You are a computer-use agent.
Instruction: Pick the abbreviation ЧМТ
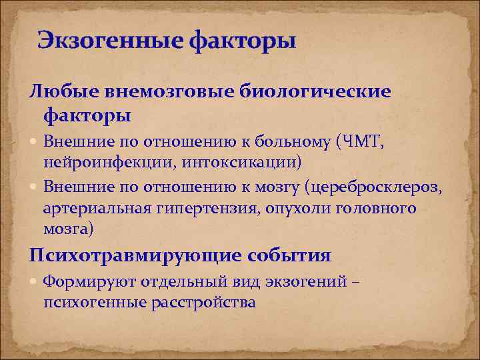coord(363,141)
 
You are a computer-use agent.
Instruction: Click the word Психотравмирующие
coord(135,255)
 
